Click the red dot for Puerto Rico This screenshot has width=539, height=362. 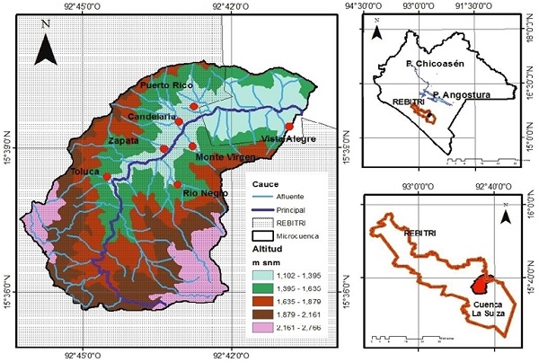(194, 106)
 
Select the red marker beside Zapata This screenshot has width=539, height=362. (164, 149)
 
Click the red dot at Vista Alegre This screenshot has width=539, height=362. (289, 127)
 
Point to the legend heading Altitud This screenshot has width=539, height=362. (269, 247)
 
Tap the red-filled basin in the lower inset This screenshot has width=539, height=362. (479, 286)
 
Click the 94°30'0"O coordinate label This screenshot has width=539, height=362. (372, 6)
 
